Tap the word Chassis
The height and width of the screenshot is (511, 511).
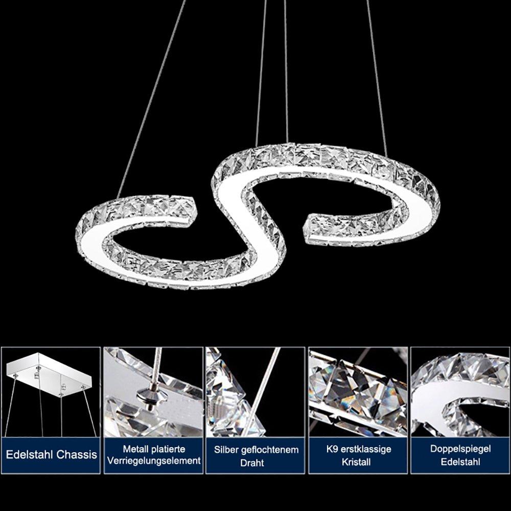[77, 454]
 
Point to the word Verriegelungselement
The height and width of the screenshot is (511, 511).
[154, 461]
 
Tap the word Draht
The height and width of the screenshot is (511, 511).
[252, 463]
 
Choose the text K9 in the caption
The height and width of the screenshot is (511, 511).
[332, 449]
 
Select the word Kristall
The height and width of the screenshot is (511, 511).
[356, 462]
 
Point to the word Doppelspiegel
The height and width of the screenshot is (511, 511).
[460, 449]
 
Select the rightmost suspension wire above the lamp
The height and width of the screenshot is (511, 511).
[377, 78]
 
